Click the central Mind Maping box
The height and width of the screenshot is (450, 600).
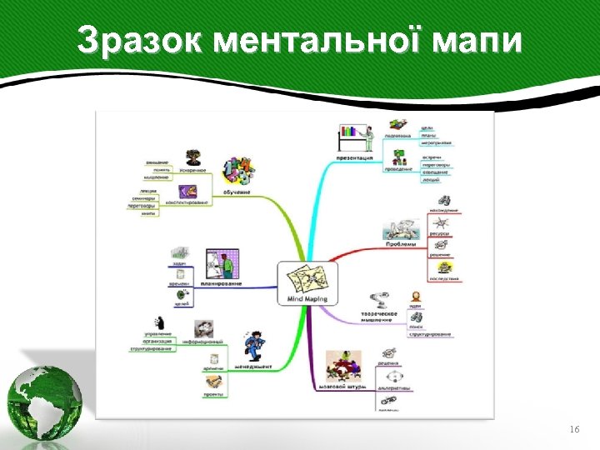pyautogui.click(x=306, y=283)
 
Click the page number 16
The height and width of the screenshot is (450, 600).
pyautogui.click(x=573, y=428)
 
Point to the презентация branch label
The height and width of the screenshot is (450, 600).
pyautogui.click(x=354, y=155)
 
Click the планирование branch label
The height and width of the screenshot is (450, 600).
pyautogui.click(x=222, y=283)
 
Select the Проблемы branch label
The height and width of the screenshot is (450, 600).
pyautogui.click(x=400, y=244)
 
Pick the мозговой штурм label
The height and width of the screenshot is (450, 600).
pyautogui.click(x=342, y=387)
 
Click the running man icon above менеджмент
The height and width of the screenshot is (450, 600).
pyautogui.click(x=254, y=344)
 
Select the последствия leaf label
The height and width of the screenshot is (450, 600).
pyautogui.click(x=443, y=278)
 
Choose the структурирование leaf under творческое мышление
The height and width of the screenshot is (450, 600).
pyautogui.click(x=429, y=335)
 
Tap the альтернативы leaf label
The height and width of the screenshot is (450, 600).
pyautogui.click(x=393, y=387)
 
